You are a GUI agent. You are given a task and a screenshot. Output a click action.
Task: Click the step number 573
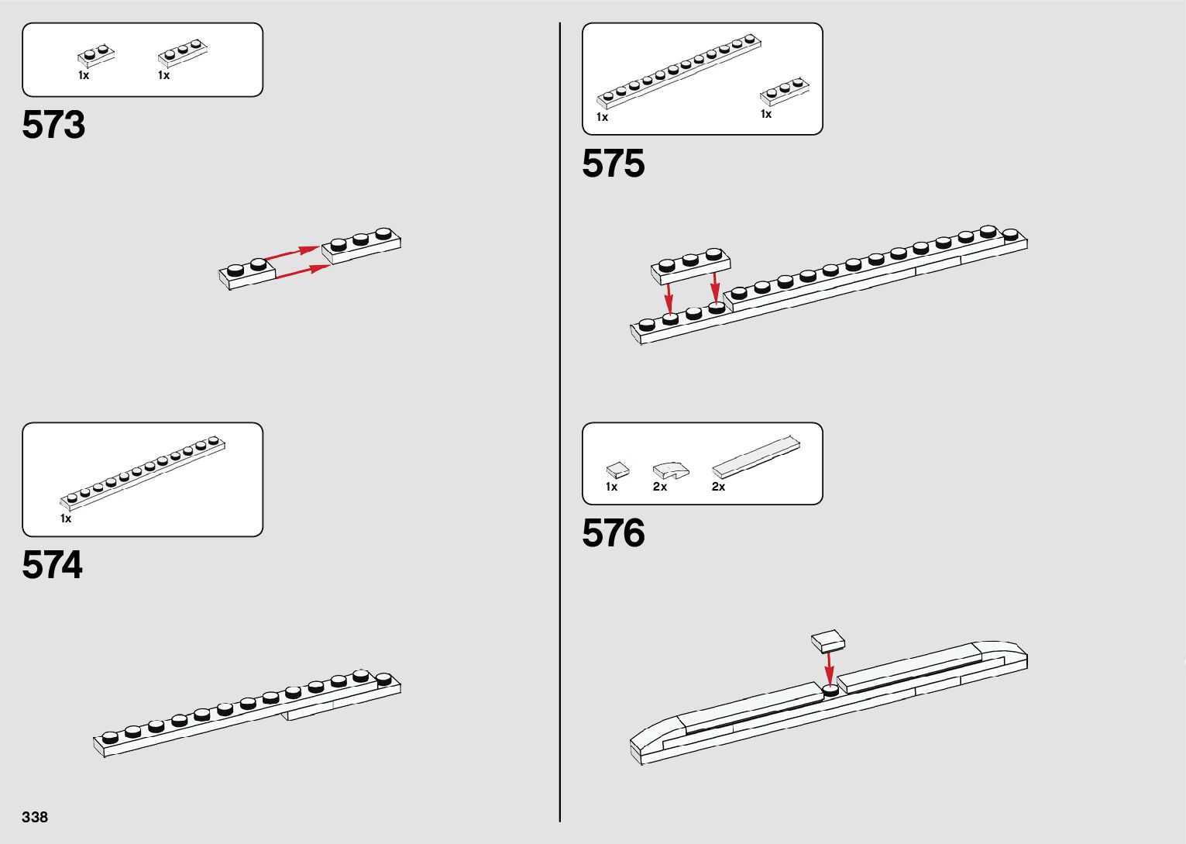pyautogui.click(x=53, y=125)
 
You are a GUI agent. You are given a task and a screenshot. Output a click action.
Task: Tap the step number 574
pyautogui.click(x=52, y=565)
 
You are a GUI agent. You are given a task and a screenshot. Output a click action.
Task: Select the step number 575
pyautogui.click(x=613, y=164)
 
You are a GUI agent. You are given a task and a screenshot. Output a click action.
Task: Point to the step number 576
pyautogui.click(x=613, y=534)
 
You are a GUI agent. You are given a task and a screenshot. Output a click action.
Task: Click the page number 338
pyautogui.click(x=35, y=817)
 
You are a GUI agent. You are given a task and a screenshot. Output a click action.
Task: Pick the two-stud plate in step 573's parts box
pyautogui.click(x=96, y=55)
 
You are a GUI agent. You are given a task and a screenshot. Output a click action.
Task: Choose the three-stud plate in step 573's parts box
pyautogui.click(x=184, y=54)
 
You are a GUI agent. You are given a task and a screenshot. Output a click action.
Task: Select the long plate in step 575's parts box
pyautogui.click(x=677, y=71)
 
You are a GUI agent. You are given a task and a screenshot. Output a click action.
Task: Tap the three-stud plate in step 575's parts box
pyautogui.click(x=785, y=92)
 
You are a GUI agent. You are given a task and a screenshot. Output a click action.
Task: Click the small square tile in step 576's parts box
pyautogui.click(x=617, y=470)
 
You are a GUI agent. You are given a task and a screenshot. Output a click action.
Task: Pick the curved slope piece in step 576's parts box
pyautogui.click(x=670, y=470)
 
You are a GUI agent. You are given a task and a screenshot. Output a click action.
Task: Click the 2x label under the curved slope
pyautogui.click(x=660, y=487)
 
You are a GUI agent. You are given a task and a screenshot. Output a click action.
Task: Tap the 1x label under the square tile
pyautogui.click(x=611, y=487)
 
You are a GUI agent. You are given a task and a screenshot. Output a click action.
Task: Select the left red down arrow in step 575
pyautogui.click(x=669, y=297)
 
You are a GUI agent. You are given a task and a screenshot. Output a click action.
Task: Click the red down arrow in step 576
pyautogui.click(x=829, y=667)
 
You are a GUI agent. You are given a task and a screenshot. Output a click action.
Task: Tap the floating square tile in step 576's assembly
pyautogui.click(x=828, y=640)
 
